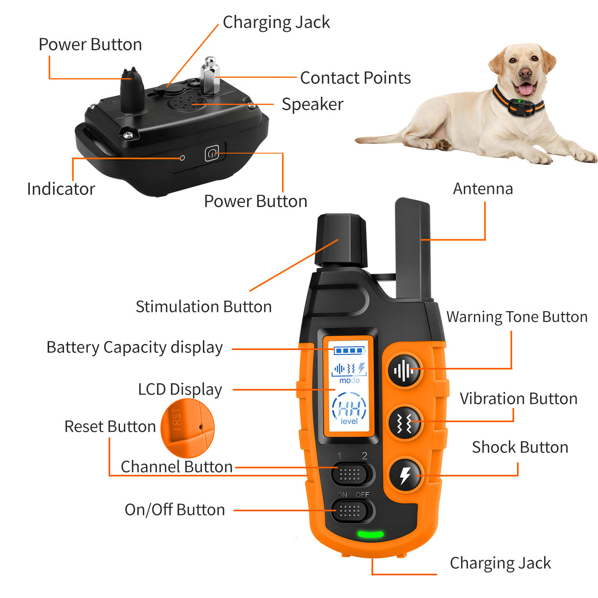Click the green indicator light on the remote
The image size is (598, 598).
tap(370, 534)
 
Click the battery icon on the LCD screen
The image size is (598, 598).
tap(349, 350)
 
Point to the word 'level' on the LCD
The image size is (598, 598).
tap(349, 421)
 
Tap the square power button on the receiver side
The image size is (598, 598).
tap(212, 154)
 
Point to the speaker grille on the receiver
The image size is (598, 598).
tap(184, 103)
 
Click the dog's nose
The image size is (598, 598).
tap(525, 73)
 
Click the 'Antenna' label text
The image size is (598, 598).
tap(483, 189)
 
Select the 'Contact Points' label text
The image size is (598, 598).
tap(355, 78)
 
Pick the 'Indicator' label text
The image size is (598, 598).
tap(61, 189)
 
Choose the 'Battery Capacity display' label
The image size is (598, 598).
tap(135, 348)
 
